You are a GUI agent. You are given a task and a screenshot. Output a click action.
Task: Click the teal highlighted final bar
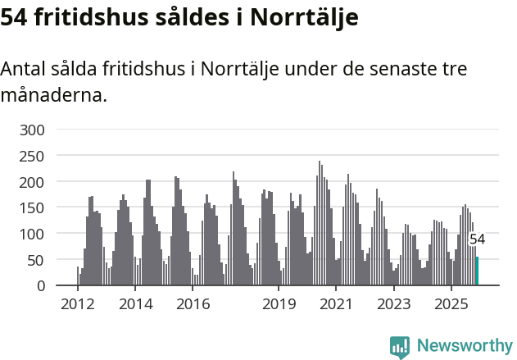pyautogui.click(x=478, y=271)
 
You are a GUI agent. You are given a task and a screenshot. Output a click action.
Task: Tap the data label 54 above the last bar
pyautogui.click(x=477, y=239)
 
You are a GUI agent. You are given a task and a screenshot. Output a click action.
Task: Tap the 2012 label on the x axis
pyautogui.click(x=78, y=305)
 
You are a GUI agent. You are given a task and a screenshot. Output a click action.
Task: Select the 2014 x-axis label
pyautogui.click(x=135, y=305)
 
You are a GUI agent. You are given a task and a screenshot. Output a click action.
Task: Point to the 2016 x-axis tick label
pyautogui.click(x=193, y=305)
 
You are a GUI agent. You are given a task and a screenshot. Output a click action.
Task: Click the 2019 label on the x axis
pyautogui.click(x=279, y=305)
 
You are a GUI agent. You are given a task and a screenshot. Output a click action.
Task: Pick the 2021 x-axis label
pyautogui.click(x=336, y=305)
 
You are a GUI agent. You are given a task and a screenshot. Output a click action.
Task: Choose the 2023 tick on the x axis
pyautogui.click(x=393, y=305)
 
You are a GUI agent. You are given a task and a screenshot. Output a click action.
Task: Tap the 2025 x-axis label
pyautogui.click(x=451, y=305)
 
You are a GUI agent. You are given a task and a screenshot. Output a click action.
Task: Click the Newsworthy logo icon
pyautogui.click(x=400, y=347)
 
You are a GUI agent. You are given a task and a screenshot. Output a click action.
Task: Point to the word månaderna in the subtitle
pyautogui.click(x=53, y=95)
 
